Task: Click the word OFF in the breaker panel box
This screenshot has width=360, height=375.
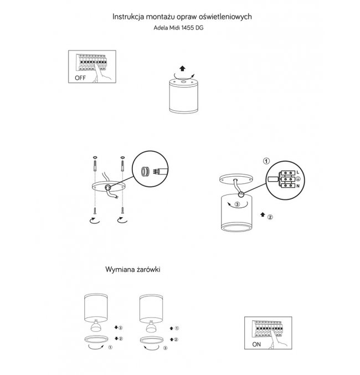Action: tap(80, 78)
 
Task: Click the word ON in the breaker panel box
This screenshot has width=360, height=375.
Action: tap(256, 345)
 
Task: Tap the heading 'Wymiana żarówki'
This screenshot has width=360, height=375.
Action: tap(133, 270)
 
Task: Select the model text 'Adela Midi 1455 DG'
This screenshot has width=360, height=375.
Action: tap(178, 28)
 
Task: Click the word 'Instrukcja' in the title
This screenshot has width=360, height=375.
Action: tap(128, 17)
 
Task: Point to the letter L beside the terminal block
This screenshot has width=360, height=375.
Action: tap(297, 172)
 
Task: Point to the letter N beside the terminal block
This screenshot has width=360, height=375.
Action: tap(298, 186)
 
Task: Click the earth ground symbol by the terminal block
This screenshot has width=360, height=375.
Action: tap(298, 179)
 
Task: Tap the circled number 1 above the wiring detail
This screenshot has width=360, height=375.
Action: tap(266, 161)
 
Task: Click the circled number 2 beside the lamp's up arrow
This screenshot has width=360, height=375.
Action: tap(270, 217)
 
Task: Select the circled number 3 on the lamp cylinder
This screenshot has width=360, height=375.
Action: tap(237, 204)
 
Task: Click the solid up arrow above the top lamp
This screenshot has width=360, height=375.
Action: tap(182, 68)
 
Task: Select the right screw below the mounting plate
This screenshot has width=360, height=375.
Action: tap(122, 210)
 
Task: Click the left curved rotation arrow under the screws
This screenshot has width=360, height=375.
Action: tap(95, 221)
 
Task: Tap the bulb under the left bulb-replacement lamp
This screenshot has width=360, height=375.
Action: tap(96, 326)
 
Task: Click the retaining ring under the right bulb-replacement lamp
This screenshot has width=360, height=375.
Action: tap(152, 340)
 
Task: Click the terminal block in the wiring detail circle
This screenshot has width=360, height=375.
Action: tap(288, 179)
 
